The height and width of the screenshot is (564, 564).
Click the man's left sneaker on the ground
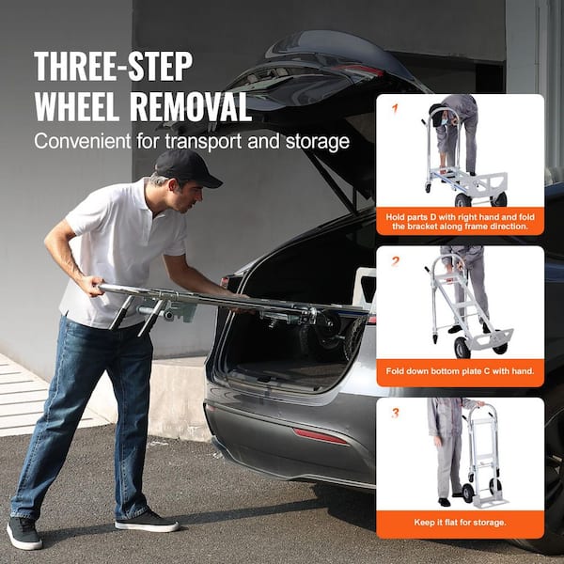point(24,533)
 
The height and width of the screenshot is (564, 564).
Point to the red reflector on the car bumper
point(320,436)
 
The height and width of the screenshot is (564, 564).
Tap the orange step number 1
point(396,108)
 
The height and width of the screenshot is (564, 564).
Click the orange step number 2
point(396,260)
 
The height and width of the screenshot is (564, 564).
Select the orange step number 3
point(396,412)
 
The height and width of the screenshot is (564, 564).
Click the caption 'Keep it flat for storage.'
point(460,523)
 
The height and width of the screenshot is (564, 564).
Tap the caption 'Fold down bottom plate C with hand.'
point(460,371)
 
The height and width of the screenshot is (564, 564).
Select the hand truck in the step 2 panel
point(465,310)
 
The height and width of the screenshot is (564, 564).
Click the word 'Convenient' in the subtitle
point(81,141)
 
